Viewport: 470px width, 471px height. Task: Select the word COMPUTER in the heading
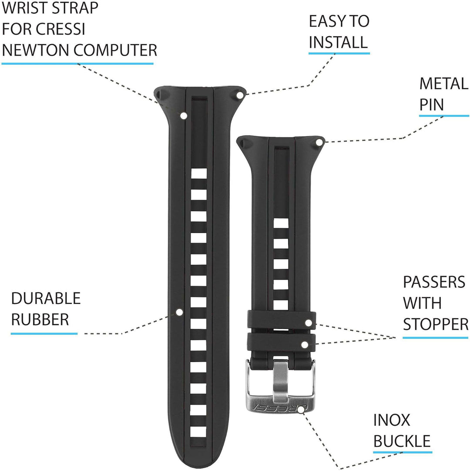[x=115, y=50]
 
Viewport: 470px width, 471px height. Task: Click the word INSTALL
[x=338, y=42]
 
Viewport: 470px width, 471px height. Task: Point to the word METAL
[x=444, y=84]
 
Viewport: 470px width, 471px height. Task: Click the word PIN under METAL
[x=432, y=105]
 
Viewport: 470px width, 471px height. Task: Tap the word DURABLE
[x=46, y=299]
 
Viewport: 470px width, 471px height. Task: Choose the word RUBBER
[x=40, y=320]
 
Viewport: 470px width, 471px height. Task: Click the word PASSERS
[x=434, y=282]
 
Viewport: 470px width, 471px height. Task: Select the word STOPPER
[x=436, y=324]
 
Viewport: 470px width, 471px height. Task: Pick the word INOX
[x=392, y=420]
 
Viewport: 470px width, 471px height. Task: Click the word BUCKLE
[x=402, y=441]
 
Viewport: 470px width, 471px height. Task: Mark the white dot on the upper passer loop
[x=308, y=323]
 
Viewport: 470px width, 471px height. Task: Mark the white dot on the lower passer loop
[x=305, y=344]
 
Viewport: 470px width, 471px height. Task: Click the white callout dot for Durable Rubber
[x=179, y=312]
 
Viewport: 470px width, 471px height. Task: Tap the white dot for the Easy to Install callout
[x=240, y=96]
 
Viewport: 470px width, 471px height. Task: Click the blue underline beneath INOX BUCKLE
[x=403, y=452]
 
